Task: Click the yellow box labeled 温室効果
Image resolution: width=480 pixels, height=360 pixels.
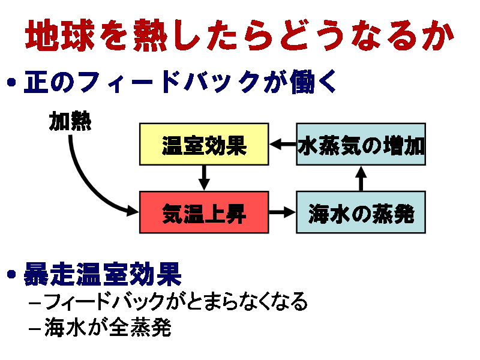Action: (x=204, y=144)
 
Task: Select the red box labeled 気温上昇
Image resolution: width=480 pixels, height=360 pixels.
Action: (x=204, y=212)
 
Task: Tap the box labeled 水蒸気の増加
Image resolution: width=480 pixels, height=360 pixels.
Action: (x=361, y=144)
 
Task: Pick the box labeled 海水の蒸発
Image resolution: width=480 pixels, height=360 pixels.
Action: (x=361, y=212)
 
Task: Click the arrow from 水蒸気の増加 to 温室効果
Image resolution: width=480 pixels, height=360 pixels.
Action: (x=283, y=144)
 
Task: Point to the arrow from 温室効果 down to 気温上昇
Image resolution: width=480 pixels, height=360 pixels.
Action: (x=204, y=178)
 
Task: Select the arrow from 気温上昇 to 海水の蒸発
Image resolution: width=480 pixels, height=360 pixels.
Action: (x=282, y=212)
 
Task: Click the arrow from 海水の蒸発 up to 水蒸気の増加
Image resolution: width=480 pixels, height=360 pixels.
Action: (x=361, y=178)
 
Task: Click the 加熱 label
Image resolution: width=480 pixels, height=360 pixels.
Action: (x=70, y=121)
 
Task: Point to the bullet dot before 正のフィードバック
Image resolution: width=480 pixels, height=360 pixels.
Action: (x=11, y=82)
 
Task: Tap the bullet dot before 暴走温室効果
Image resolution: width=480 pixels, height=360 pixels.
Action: (x=11, y=274)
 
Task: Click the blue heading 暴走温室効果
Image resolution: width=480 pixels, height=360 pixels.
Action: (x=103, y=274)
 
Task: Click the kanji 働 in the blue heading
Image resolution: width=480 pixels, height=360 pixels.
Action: (x=302, y=82)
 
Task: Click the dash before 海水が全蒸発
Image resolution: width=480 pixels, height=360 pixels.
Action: (x=35, y=329)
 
